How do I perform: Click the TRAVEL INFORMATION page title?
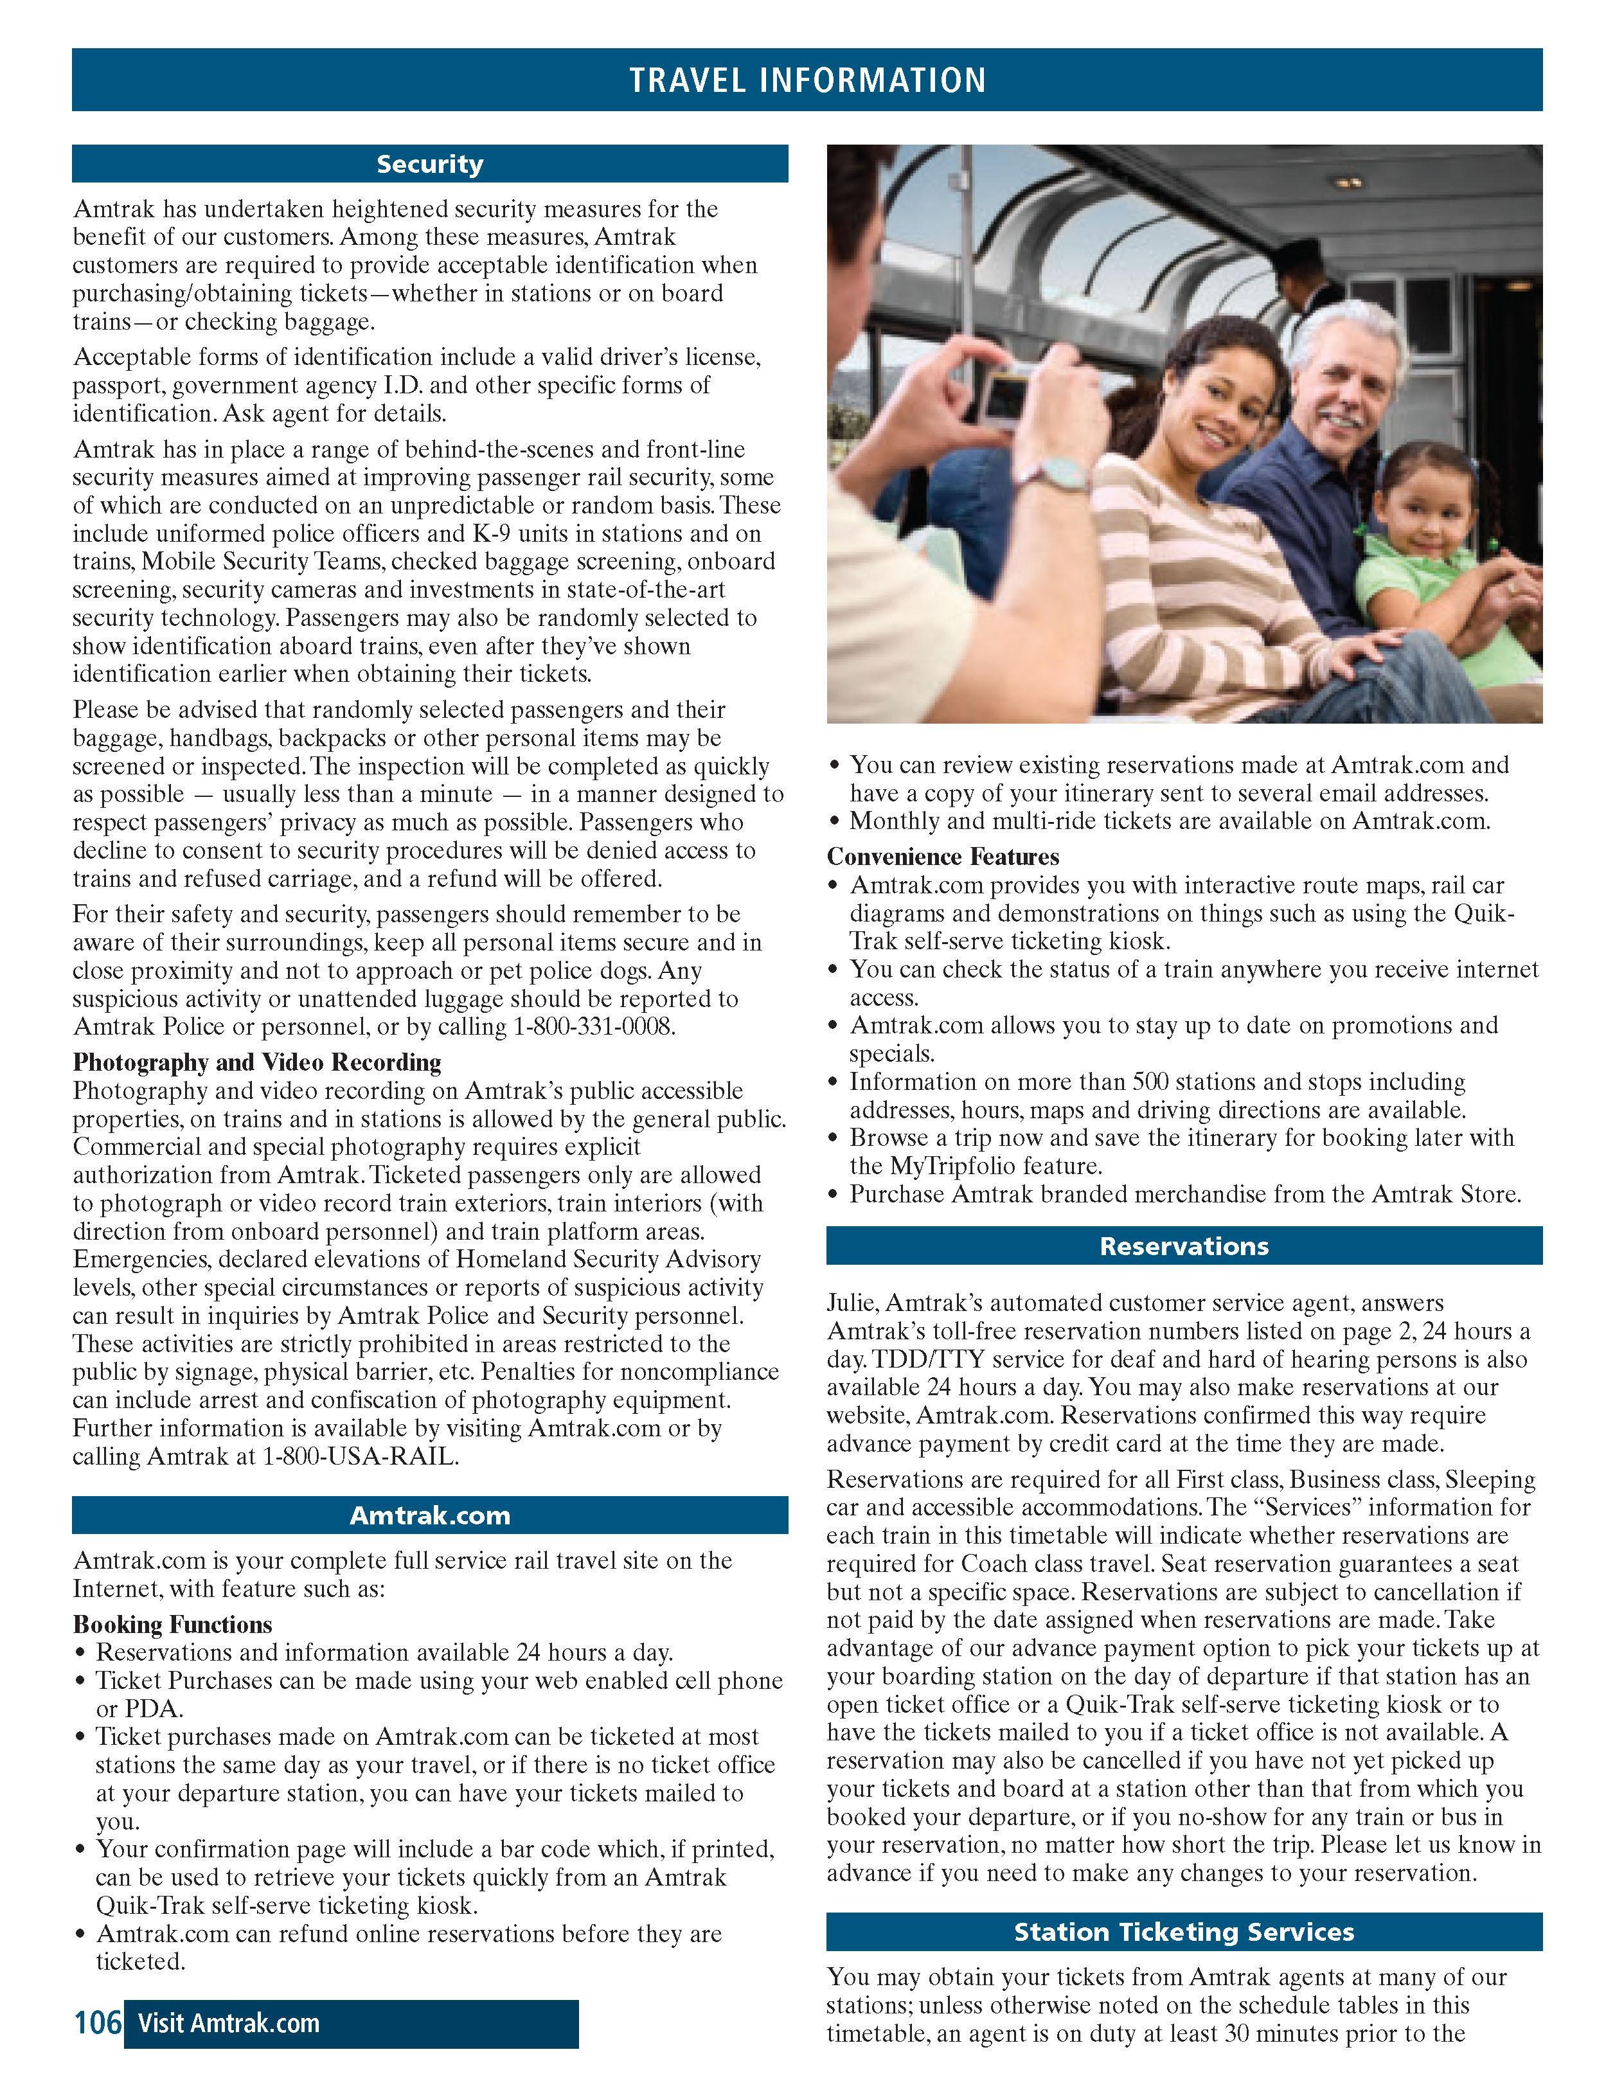click(x=807, y=80)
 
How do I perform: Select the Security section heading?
click(x=429, y=164)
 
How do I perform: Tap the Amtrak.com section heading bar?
click(x=429, y=1515)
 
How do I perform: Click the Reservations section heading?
click(x=1183, y=1246)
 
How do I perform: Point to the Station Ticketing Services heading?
click(x=1183, y=1932)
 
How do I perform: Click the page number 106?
click(x=97, y=2023)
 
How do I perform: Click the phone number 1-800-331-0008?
click(x=594, y=1026)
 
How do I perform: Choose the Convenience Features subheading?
click(x=943, y=857)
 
